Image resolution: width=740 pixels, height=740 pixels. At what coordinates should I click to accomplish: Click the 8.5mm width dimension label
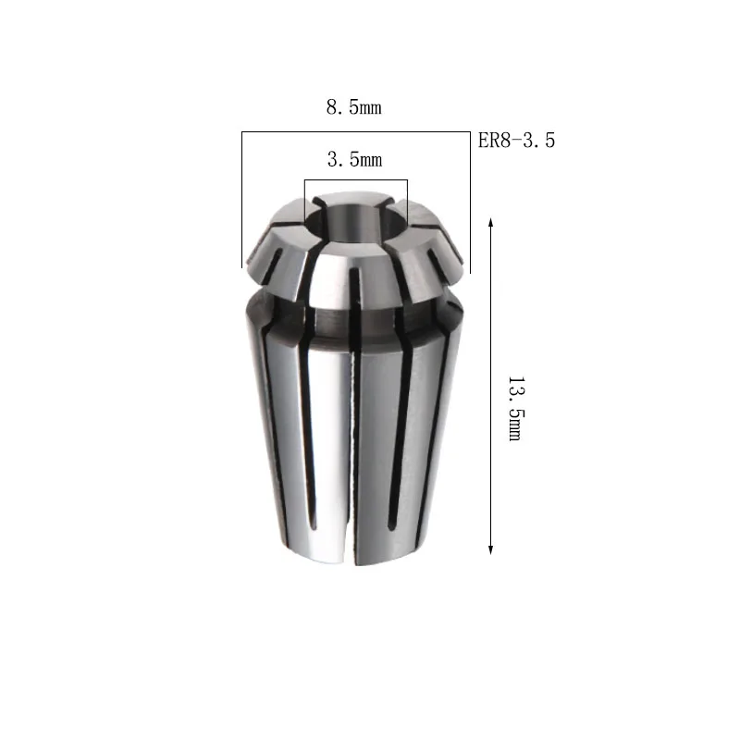353,107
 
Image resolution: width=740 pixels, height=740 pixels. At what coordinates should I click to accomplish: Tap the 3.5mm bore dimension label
354,159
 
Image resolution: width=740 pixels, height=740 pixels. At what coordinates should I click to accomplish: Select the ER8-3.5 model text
516,141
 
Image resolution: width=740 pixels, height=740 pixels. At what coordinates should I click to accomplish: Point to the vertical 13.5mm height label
516,409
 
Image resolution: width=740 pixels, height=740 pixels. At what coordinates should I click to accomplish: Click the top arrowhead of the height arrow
491,222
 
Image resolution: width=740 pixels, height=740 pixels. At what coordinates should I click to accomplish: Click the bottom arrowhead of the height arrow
491,549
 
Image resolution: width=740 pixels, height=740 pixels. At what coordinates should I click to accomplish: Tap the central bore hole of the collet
355,222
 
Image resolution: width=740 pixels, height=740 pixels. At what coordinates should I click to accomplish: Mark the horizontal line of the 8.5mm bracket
356,131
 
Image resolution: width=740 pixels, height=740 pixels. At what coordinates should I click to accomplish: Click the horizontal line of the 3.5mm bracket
356,179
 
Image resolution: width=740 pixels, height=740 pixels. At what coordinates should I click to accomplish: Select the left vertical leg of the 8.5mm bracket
242,200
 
